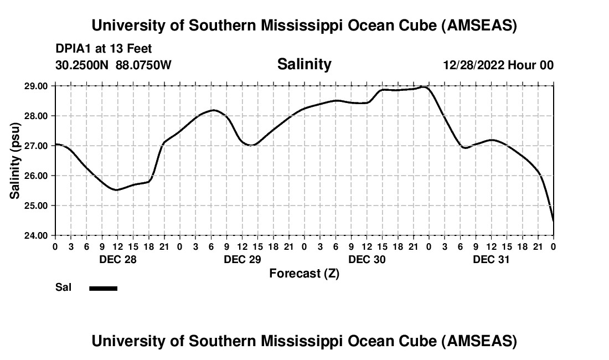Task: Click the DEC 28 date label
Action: pos(117,259)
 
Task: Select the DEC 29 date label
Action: pos(242,259)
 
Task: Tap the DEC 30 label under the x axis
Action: pos(367,259)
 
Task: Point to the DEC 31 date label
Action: pos(492,259)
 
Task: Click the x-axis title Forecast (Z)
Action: pos(304,273)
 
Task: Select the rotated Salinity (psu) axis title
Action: pos(16,161)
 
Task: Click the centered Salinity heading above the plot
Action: pos(304,64)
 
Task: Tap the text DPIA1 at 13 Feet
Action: pos(104,49)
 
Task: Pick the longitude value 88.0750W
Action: pos(143,65)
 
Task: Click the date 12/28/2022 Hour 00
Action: pos(498,65)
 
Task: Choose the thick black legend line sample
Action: pos(104,288)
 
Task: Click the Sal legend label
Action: pos(63,288)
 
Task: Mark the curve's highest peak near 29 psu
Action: pos(424,87)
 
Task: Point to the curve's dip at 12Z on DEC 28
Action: pos(117,189)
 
